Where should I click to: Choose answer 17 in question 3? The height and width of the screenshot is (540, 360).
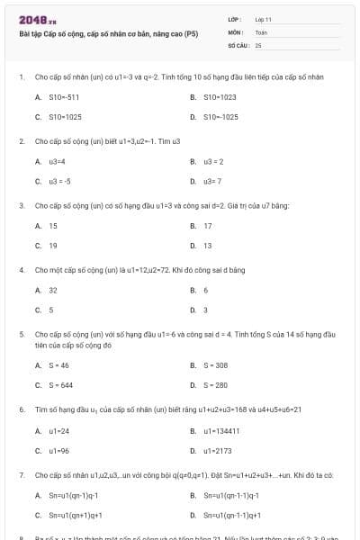click(208, 226)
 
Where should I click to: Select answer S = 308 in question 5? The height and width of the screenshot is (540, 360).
click(215, 365)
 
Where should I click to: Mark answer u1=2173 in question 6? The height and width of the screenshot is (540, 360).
click(218, 450)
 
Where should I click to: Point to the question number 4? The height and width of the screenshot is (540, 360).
click(21, 270)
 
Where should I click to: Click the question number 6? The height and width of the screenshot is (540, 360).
click(21, 409)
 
